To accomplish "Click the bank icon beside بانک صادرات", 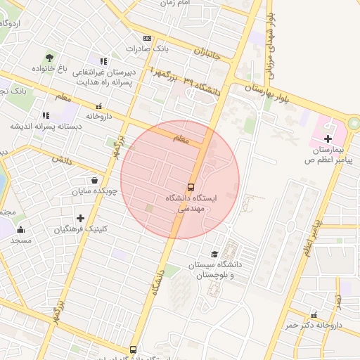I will (146, 38).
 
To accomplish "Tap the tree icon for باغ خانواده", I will (49, 58).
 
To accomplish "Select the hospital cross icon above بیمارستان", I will (328, 139).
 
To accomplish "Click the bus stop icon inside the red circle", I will (191, 187).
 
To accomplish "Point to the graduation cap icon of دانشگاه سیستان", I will (214, 254).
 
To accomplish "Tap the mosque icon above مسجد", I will (20, 229).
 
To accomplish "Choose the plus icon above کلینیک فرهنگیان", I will (80, 218).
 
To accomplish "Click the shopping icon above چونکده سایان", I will (94, 179).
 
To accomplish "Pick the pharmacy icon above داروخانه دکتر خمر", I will (314, 314).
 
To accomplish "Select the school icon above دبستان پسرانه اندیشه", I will (45, 115).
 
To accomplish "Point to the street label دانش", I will (61, 160).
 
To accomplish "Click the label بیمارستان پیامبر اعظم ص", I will (328, 155).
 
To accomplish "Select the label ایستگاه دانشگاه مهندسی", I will (191, 203).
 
